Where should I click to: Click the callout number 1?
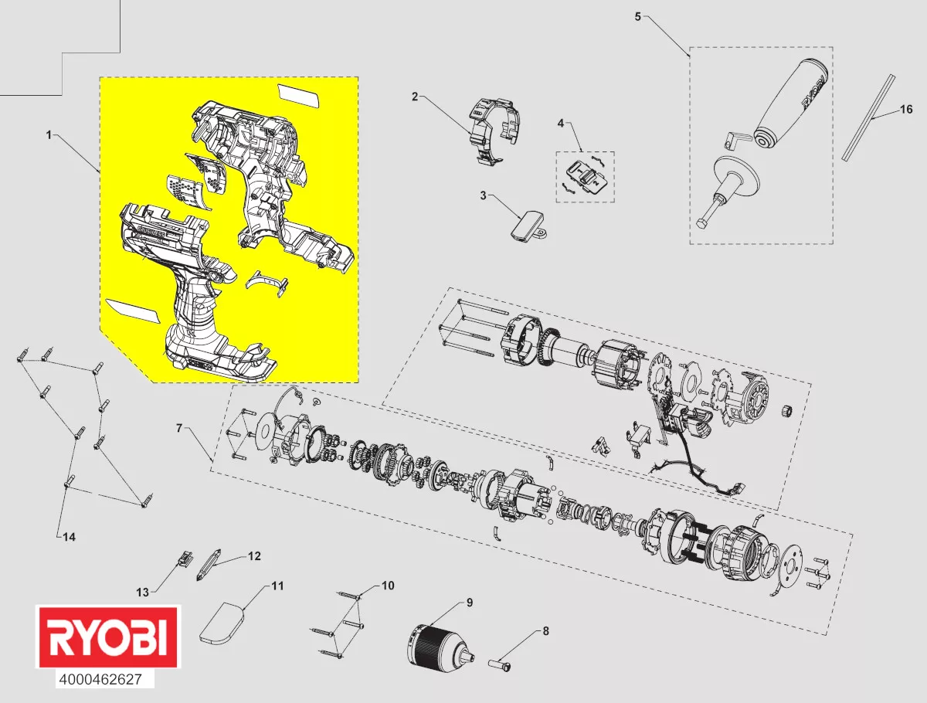coord(49,134)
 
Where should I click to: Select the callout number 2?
coord(414,97)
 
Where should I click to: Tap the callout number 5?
coord(637,16)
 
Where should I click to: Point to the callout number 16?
coord(905,109)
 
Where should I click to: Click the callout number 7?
coord(178,427)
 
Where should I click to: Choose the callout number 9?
coord(468,603)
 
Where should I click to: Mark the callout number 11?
coord(276,586)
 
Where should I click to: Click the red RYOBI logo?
coord(107,637)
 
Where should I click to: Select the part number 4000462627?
coord(105,680)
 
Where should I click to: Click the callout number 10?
coord(387,586)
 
